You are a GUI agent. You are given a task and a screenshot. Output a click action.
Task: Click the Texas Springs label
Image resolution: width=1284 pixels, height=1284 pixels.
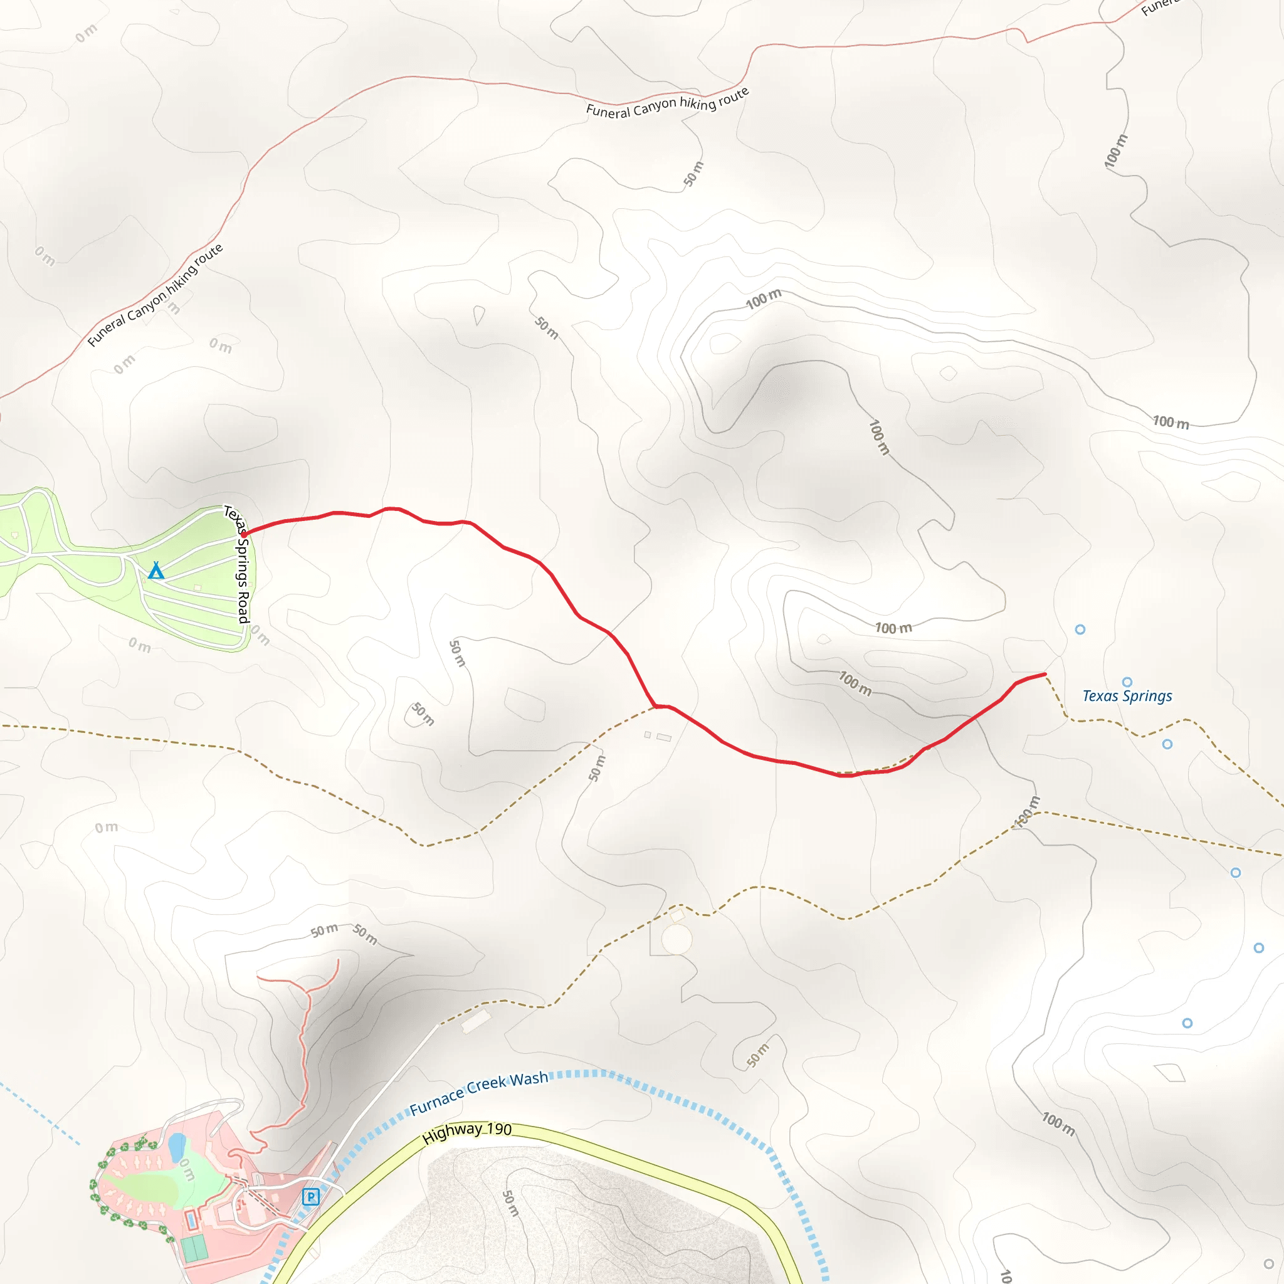pyautogui.click(x=1127, y=696)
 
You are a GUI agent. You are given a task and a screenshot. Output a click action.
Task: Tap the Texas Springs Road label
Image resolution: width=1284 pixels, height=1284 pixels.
pyautogui.click(x=238, y=564)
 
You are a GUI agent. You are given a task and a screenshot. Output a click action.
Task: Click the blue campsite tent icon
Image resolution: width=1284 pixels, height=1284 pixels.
pyautogui.click(x=156, y=571)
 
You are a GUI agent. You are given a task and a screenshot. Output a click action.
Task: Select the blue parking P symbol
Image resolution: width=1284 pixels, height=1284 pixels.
pyautogui.click(x=310, y=1197)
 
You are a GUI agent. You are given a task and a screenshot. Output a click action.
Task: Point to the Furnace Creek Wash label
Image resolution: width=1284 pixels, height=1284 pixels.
pyautogui.click(x=478, y=1093)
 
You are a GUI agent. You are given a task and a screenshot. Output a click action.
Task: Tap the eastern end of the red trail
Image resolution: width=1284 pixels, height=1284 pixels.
pyautogui.click(x=1045, y=674)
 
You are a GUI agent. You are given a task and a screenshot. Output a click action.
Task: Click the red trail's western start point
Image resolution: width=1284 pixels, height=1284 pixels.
pyautogui.click(x=245, y=534)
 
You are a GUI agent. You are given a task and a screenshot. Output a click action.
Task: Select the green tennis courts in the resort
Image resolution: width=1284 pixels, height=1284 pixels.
pyautogui.click(x=194, y=1249)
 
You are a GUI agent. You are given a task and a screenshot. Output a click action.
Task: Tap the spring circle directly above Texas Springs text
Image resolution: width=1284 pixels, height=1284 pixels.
pyautogui.click(x=1127, y=682)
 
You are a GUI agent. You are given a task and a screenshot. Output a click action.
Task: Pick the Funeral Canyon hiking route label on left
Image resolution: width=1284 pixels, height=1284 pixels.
pyautogui.click(x=155, y=296)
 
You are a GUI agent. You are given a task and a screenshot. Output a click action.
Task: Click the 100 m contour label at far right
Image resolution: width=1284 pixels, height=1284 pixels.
pyautogui.click(x=1171, y=422)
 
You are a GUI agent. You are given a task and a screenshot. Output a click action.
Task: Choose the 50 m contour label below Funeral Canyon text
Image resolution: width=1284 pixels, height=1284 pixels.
pyautogui.click(x=693, y=174)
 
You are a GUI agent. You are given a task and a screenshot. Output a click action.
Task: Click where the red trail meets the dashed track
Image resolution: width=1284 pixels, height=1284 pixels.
pyautogui.click(x=656, y=707)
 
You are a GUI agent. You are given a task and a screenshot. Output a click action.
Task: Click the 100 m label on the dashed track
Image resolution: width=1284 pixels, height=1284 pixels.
pyautogui.click(x=1028, y=811)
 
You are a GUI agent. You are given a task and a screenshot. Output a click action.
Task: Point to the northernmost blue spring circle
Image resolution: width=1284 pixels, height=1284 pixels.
pyautogui.click(x=1080, y=629)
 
